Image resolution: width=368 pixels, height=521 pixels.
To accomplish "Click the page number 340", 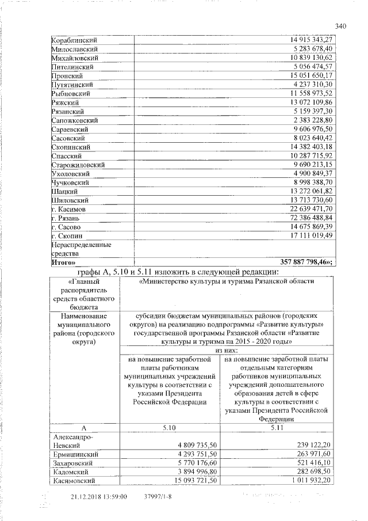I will click(340, 25).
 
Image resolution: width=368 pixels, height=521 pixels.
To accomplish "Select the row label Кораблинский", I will click(74, 41).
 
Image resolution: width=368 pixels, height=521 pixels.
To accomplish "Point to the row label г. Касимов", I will click(69, 209).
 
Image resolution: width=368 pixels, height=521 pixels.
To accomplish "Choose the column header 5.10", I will click(169, 429).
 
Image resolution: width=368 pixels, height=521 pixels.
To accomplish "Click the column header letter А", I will click(83, 429).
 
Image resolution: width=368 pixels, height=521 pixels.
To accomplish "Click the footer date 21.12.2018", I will click(90, 496).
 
